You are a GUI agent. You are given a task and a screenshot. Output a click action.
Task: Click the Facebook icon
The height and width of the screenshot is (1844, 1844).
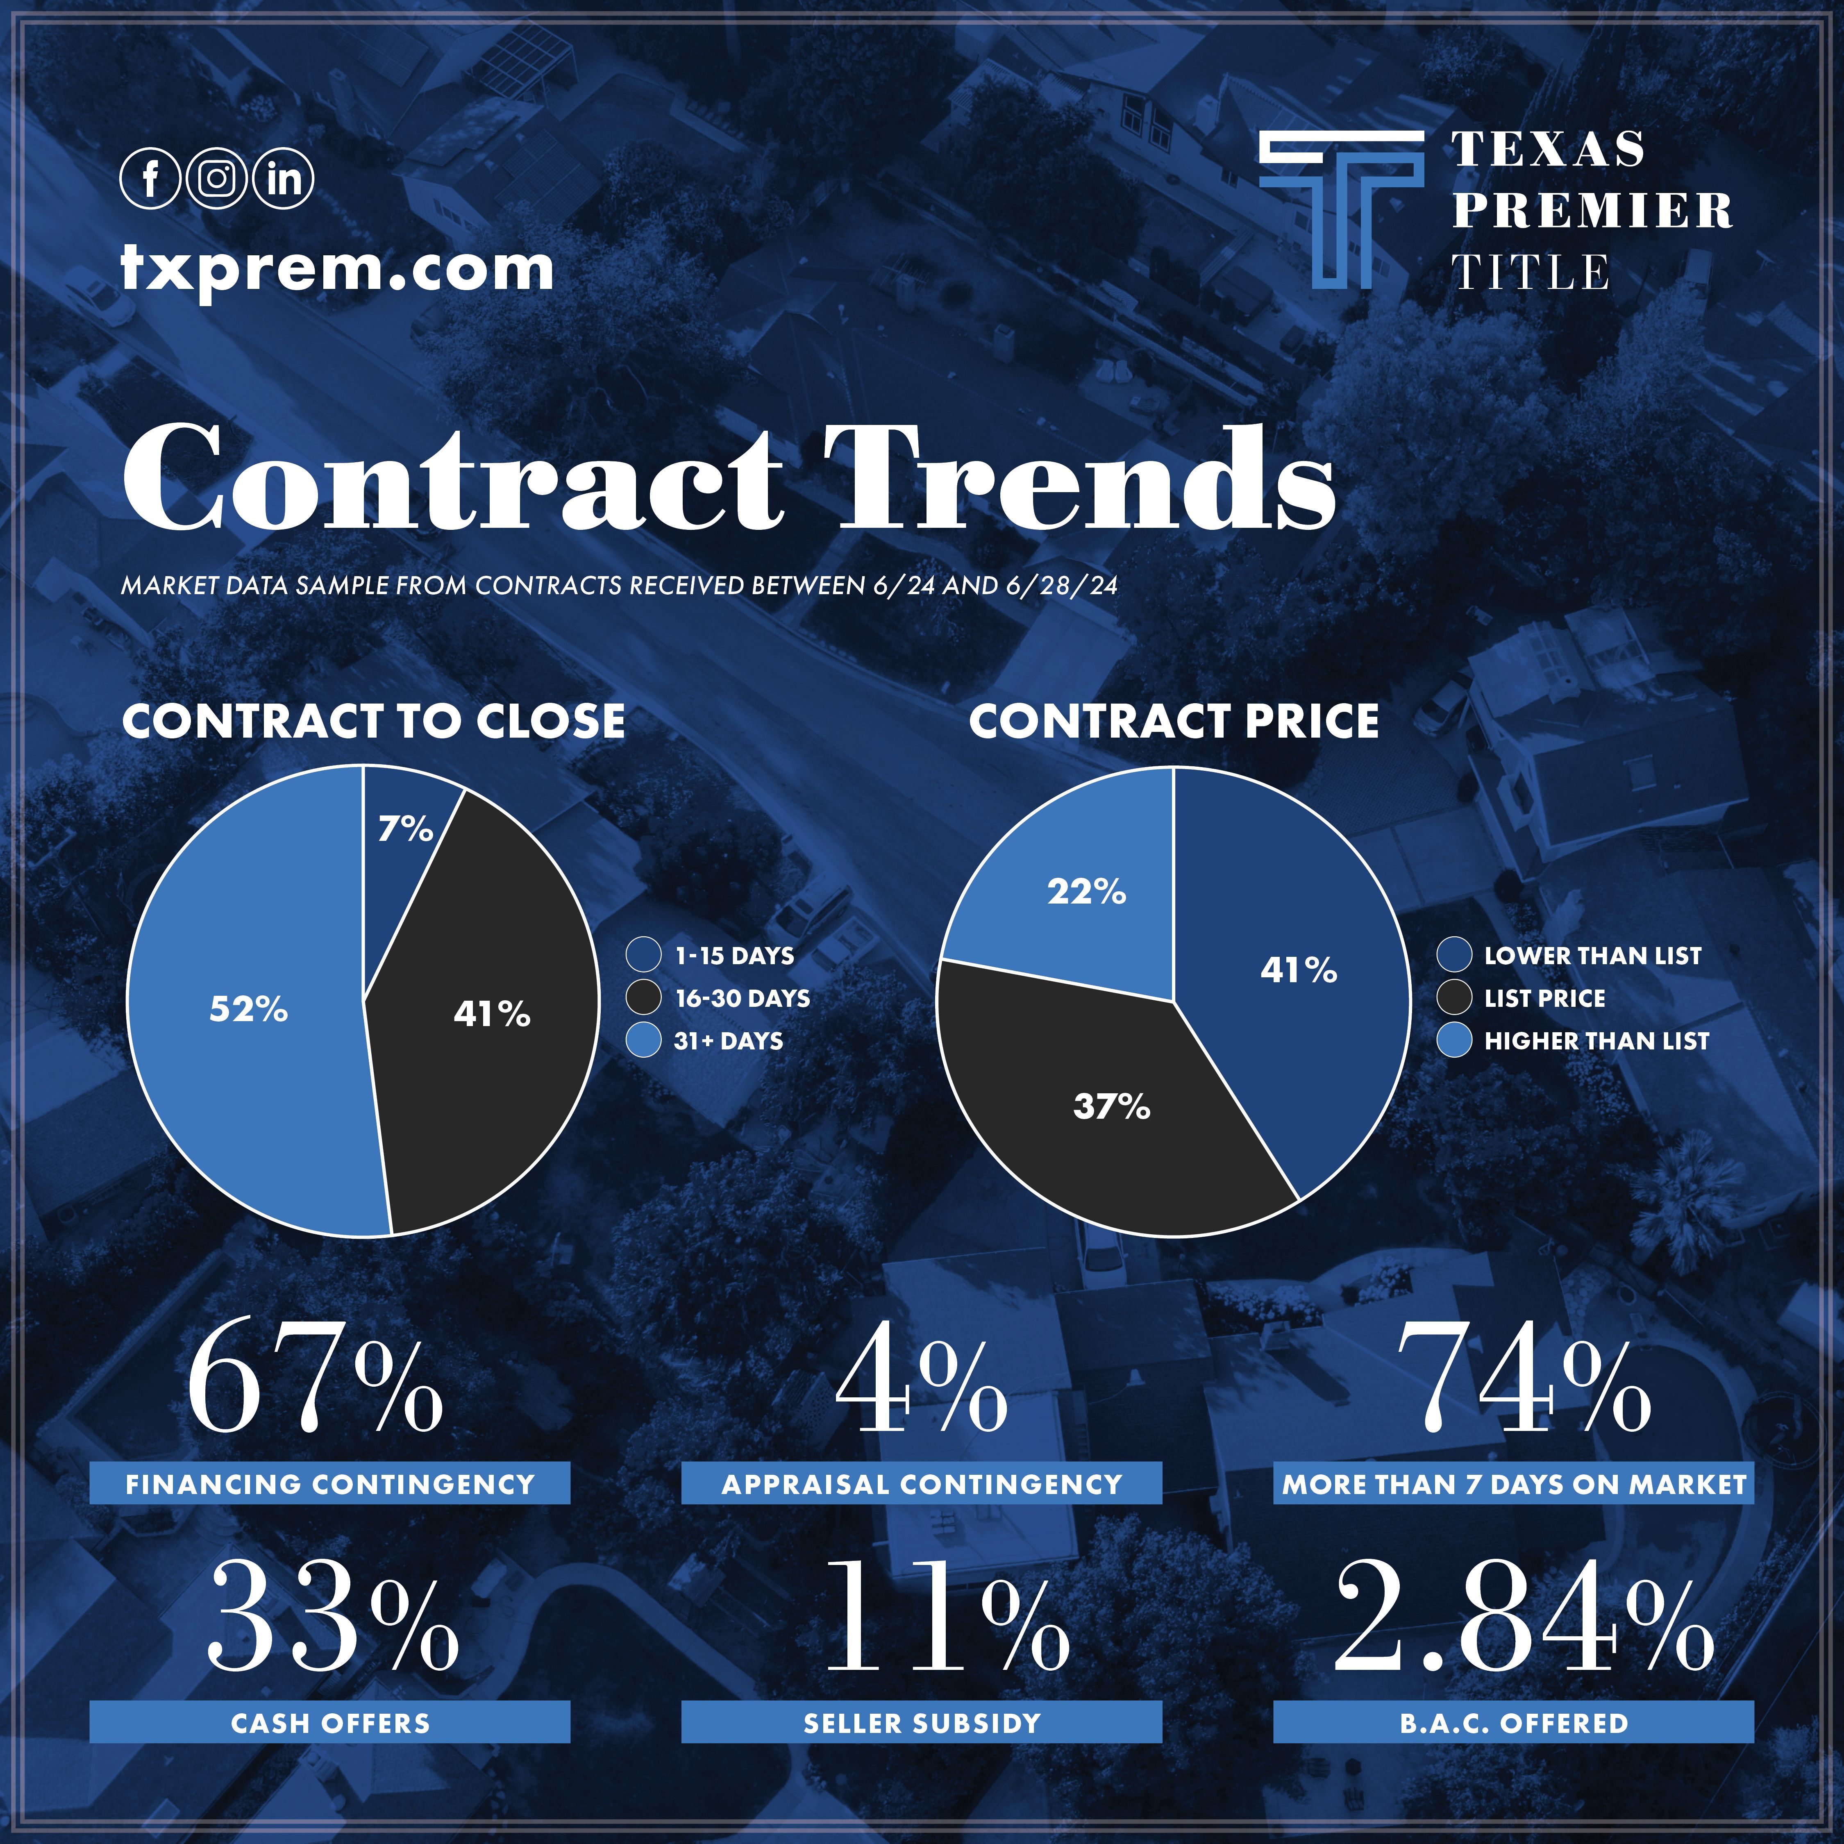point(150,179)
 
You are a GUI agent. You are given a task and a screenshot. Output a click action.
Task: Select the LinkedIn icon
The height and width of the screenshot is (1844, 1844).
point(284,179)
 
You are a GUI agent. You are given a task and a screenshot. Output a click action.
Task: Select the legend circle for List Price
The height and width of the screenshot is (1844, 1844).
point(1453,998)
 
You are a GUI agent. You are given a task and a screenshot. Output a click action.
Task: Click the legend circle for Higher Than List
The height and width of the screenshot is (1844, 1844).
point(1453,1040)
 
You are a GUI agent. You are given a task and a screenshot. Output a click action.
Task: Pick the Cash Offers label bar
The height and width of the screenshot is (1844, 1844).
point(330,1723)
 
